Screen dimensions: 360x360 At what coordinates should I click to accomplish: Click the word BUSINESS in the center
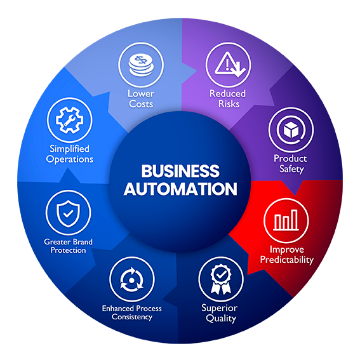[180, 171]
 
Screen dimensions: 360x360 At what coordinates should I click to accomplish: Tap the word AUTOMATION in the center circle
[180, 189]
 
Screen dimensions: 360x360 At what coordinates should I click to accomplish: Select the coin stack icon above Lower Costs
[140, 66]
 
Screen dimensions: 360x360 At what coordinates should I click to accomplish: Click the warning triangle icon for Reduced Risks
[227, 64]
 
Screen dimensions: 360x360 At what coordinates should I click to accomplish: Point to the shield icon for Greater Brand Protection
[68, 214]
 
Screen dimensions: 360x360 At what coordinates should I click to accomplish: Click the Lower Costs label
[140, 98]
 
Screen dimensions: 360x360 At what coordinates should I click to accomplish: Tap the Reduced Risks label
[227, 98]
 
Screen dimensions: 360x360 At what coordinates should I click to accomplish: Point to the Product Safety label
[290, 163]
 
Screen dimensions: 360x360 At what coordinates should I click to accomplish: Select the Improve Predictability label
[286, 254]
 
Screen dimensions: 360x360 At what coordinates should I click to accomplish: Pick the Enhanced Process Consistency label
[132, 312]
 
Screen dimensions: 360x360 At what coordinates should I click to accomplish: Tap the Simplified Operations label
[70, 154]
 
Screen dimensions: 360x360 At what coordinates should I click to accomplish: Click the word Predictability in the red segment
[286, 259]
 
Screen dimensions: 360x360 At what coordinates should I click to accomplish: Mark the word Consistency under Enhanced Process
[132, 317]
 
